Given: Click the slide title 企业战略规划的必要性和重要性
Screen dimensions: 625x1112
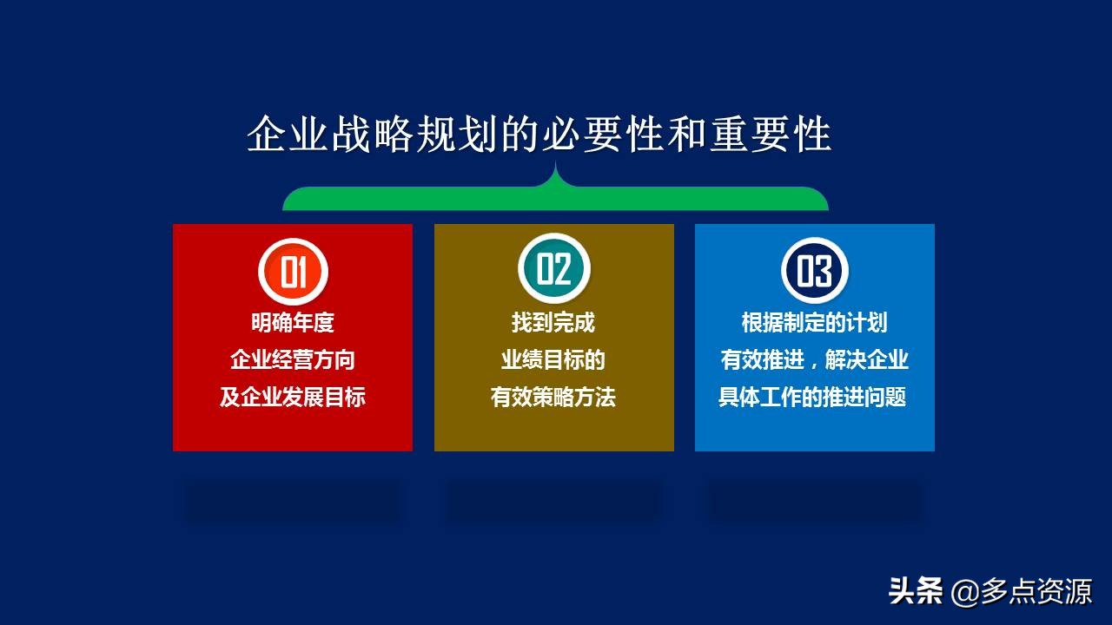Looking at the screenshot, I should click(539, 135).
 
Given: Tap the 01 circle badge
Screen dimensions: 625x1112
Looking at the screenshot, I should click(293, 271).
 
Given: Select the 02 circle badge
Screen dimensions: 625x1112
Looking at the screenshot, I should click(553, 269).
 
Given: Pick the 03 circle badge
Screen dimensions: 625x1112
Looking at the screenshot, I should click(814, 270).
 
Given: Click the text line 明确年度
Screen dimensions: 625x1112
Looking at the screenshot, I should click(293, 323).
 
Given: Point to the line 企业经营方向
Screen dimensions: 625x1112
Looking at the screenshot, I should click(293, 360).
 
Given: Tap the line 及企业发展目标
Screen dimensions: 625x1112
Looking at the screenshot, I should click(293, 398).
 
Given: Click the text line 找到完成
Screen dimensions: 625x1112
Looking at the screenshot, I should click(553, 323).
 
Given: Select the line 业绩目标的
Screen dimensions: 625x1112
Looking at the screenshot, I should click(553, 360).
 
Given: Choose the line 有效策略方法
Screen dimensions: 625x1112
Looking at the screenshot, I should click(553, 398).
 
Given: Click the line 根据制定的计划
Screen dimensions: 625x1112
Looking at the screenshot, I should click(814, 323).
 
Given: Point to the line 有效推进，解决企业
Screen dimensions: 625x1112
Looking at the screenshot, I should click(814, 360).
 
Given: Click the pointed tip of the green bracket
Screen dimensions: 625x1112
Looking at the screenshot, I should click(555, 165).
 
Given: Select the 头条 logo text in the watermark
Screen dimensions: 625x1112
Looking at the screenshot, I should click(916, 592).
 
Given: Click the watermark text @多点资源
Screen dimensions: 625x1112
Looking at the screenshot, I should click(1022, 592).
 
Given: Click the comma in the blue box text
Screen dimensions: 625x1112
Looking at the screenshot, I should click(817, 365).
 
